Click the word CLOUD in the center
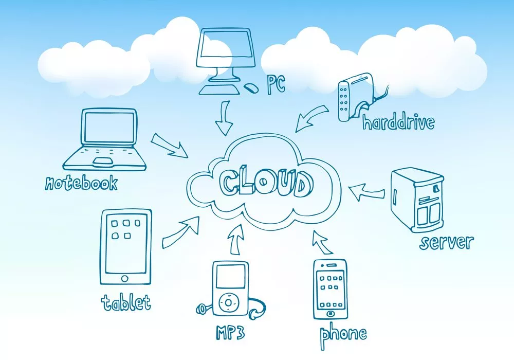pyautogui.click(x=265, y=182)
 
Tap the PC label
pyautogui.click(x=276, y=85)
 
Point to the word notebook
pyautogui.click(x=81, y=183)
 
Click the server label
pyautogui.click(x=446, y=241)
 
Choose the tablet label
pyautogui.click(x=126, y=302)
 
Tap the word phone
pyautogui.click(x=343, y=334)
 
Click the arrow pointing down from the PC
pyautogui.click(x=225, y=118)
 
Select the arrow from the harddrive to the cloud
pyautogui.click(x=312, y=117)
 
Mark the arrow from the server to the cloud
pyautogui.click(x=366, y=192)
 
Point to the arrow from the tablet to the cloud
pyautogui.click(x=181, y=231)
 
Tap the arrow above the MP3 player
pyautogui.click(x=236, y=240)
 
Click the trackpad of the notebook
pyautogui.click(x=104, y=163)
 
